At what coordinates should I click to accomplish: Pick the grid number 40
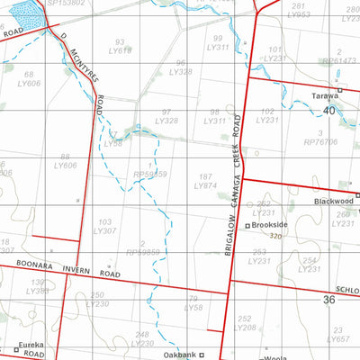(x=328, y=110)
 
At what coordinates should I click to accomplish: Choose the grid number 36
(x=328, y=299)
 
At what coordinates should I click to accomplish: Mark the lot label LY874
(x=206, y=186)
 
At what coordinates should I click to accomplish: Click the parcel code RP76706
(x=320, y=141)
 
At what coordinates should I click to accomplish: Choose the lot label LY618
(x=120, y=51)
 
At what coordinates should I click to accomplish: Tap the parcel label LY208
(x=244, y=328)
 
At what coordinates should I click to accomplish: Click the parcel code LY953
(x=299, y=15)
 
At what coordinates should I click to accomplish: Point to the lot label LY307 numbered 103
(x=105, y=231)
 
